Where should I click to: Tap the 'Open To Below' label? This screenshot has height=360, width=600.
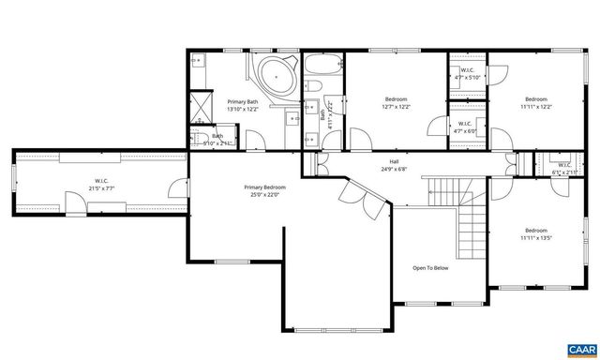click(430, 267)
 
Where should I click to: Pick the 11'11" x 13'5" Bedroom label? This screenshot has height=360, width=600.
click(535, 233)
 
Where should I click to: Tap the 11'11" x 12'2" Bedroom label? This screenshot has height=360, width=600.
click(535, 102)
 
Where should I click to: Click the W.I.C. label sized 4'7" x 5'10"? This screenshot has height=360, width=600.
click(466, 74)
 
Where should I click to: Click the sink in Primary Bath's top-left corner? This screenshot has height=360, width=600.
click(199, 61)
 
